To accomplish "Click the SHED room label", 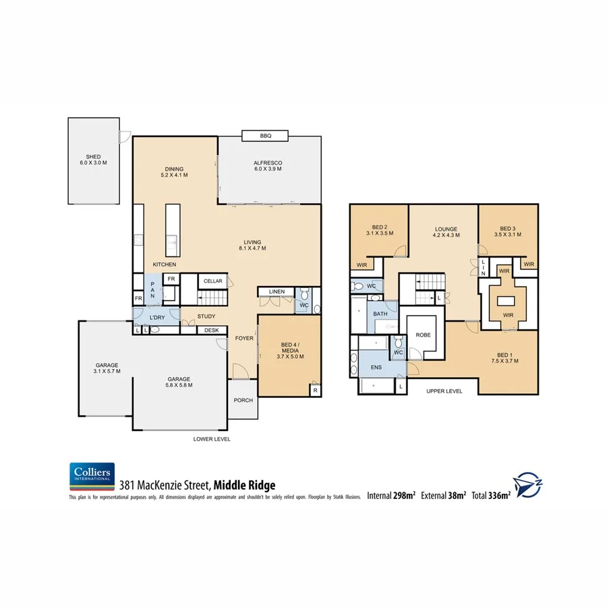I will click(93, 157).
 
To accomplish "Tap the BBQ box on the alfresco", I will click(265, 136).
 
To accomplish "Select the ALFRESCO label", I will click(267, 163).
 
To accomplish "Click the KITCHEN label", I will click(164, 264).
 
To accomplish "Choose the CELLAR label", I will click(212, 281).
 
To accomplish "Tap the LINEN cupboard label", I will click(277, 291).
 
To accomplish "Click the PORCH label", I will click(243, 400).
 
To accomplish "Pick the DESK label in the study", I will click(212, 330).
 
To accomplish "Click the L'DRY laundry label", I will click(157, 317).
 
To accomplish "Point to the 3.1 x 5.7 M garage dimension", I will click(107, 372).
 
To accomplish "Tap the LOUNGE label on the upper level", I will click(446, 229).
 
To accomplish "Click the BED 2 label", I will click(379, 227).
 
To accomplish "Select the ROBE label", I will click(423, 335).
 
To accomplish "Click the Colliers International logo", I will click(92, 476).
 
